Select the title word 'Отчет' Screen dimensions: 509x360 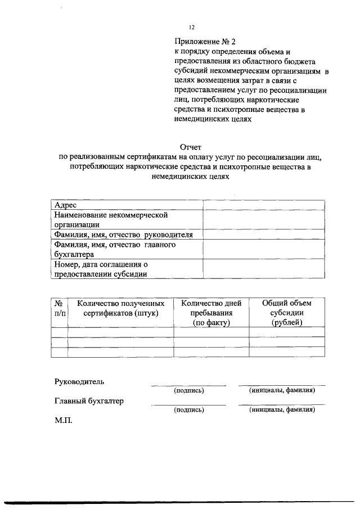(x=187, y=148)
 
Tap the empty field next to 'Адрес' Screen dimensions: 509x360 (x=263, y=205)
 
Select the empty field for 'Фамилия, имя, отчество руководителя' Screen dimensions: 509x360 (x=263, y=235)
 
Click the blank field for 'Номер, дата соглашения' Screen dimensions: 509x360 (x=263, y=268)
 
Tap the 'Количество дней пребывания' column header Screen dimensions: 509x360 (x=211, y=312)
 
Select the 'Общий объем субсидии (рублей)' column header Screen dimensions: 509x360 (x=286, y=312)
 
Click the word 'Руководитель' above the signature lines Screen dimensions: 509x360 (x=79, y=382)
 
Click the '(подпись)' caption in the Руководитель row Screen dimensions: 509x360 (x=188, y=390)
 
